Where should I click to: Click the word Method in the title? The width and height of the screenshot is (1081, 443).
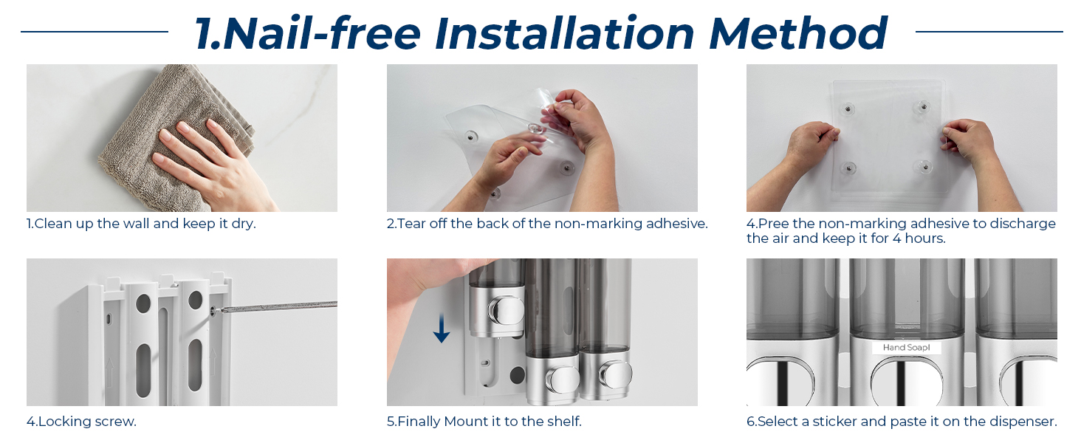coord(798,33)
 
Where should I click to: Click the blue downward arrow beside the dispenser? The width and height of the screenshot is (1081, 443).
coord(442,328)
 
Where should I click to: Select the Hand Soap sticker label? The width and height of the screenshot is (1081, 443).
coord(906,348)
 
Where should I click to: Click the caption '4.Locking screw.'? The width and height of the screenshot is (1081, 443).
coord(81,422)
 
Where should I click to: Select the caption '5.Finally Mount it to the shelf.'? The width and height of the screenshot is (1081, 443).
coord(484,422)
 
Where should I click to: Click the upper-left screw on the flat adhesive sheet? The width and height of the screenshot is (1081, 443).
coord(848,109)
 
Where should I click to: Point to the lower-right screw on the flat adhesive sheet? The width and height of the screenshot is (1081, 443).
coord(924,168)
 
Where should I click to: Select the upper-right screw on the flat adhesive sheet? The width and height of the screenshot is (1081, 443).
coord(923,106)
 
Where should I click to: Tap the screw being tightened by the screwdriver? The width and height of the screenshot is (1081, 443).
coord(213,312)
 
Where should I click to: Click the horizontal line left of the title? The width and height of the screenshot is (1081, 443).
coord(95,32)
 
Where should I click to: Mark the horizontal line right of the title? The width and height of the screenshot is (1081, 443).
coord(989,32)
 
